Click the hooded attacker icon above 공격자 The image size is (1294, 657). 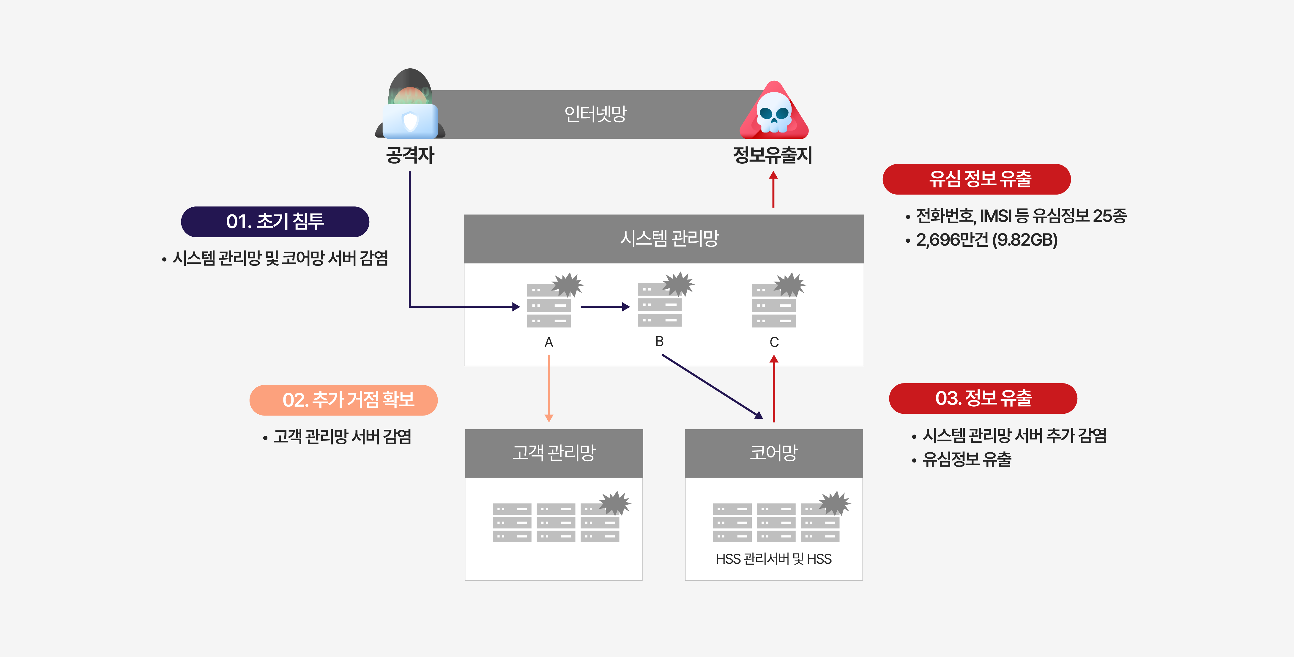410,105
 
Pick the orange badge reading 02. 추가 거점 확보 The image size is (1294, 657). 343,400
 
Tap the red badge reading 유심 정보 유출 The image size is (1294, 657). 977,179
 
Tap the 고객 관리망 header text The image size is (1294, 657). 554,453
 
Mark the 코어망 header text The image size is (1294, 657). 774,453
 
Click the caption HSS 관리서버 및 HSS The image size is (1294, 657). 774,559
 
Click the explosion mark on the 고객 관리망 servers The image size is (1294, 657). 615,503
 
